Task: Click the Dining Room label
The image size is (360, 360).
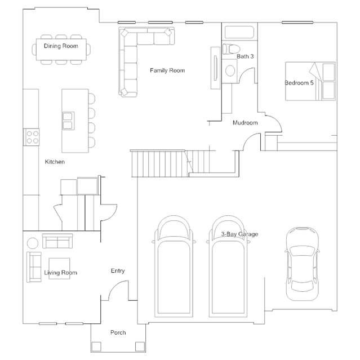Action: [61, 46]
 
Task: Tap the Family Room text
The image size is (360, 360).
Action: [167, 70]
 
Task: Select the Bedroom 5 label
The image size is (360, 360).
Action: [299, 83]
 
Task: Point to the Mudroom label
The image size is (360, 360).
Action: [245, 123]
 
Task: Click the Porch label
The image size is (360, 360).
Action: [118, 332]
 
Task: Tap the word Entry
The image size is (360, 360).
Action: [118, 271]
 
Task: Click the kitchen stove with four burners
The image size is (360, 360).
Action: [32, 137]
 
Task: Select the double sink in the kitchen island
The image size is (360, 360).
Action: [68, 121]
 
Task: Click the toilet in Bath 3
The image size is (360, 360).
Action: [231, 49]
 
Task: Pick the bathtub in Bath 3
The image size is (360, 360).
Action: [239, 32]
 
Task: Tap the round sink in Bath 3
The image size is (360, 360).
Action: [230, 70]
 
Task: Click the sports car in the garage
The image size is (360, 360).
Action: [302, 264]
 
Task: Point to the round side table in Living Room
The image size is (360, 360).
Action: [33, 243]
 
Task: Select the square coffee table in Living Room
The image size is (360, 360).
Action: [59, 268]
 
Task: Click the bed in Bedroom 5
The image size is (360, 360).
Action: [310, 81]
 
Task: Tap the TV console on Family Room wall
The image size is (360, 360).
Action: [215, 68]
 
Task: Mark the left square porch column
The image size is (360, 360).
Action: [96, 346]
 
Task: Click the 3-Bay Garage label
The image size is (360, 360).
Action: [239, 234]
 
